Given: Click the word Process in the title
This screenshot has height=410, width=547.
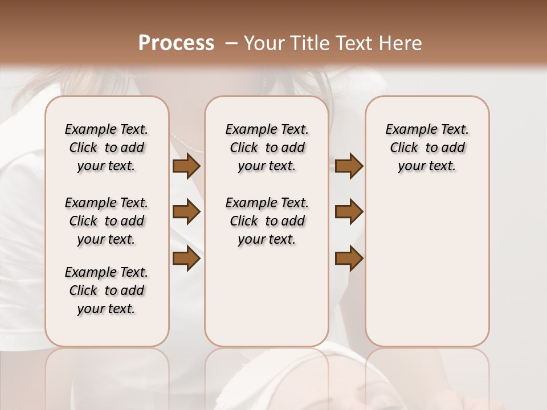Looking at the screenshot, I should coord(176,43).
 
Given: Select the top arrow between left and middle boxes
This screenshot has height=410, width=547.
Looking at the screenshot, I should coord(186,166).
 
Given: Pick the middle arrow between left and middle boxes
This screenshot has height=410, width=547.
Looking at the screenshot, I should coord(186,212).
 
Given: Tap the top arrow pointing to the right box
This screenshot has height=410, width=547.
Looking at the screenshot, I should coord(349,166).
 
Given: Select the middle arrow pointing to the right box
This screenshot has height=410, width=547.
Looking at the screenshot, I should coord(349,212).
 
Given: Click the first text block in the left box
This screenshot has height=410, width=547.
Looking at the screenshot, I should coord(107,147).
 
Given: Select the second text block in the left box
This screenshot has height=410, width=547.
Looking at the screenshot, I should coord(107,221).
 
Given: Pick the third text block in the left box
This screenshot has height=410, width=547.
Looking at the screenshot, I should coord(107,290).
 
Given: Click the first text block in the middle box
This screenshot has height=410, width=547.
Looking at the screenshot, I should coord(267,147).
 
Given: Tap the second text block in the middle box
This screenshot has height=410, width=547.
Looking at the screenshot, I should coord(267,221).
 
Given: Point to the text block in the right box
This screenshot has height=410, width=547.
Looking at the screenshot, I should coord(427,147).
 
